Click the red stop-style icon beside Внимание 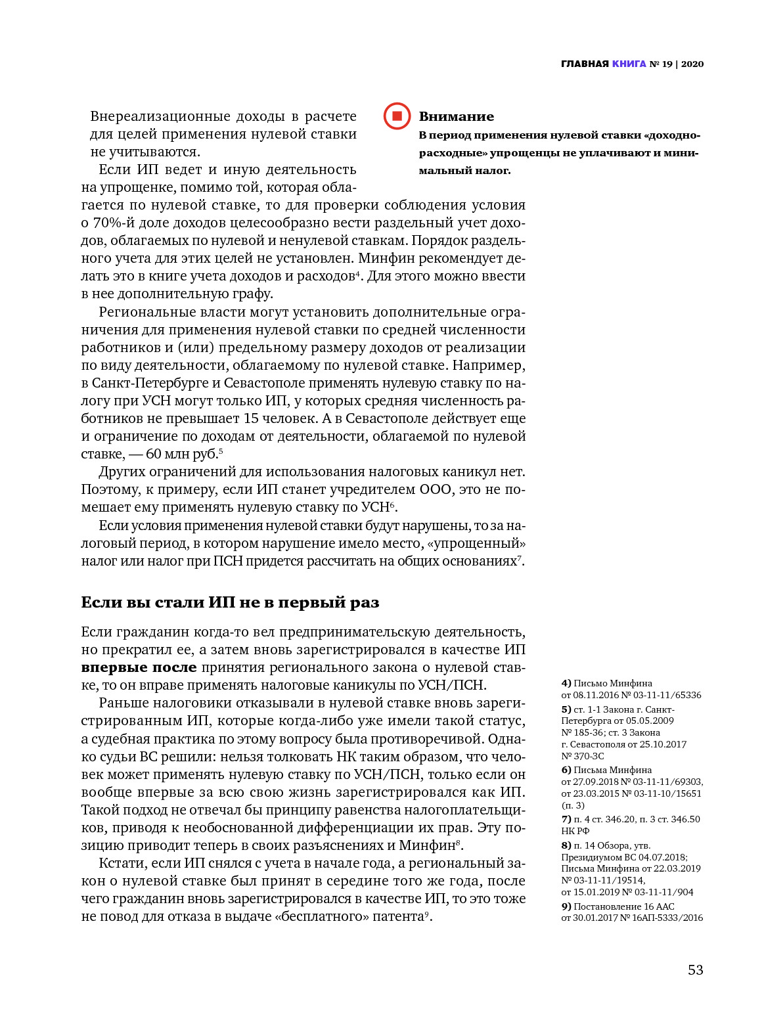(397, 116)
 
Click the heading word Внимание (456, 117)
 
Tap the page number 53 (695, 970)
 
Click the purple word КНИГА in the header (629, 64)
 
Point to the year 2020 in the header (692, 64)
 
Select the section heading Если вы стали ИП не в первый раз (230, 602)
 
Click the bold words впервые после (139, 667)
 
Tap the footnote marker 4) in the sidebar (566, 683)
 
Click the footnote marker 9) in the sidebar (566, 906)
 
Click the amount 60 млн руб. (181, 454)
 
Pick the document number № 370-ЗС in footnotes (582, 756)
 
